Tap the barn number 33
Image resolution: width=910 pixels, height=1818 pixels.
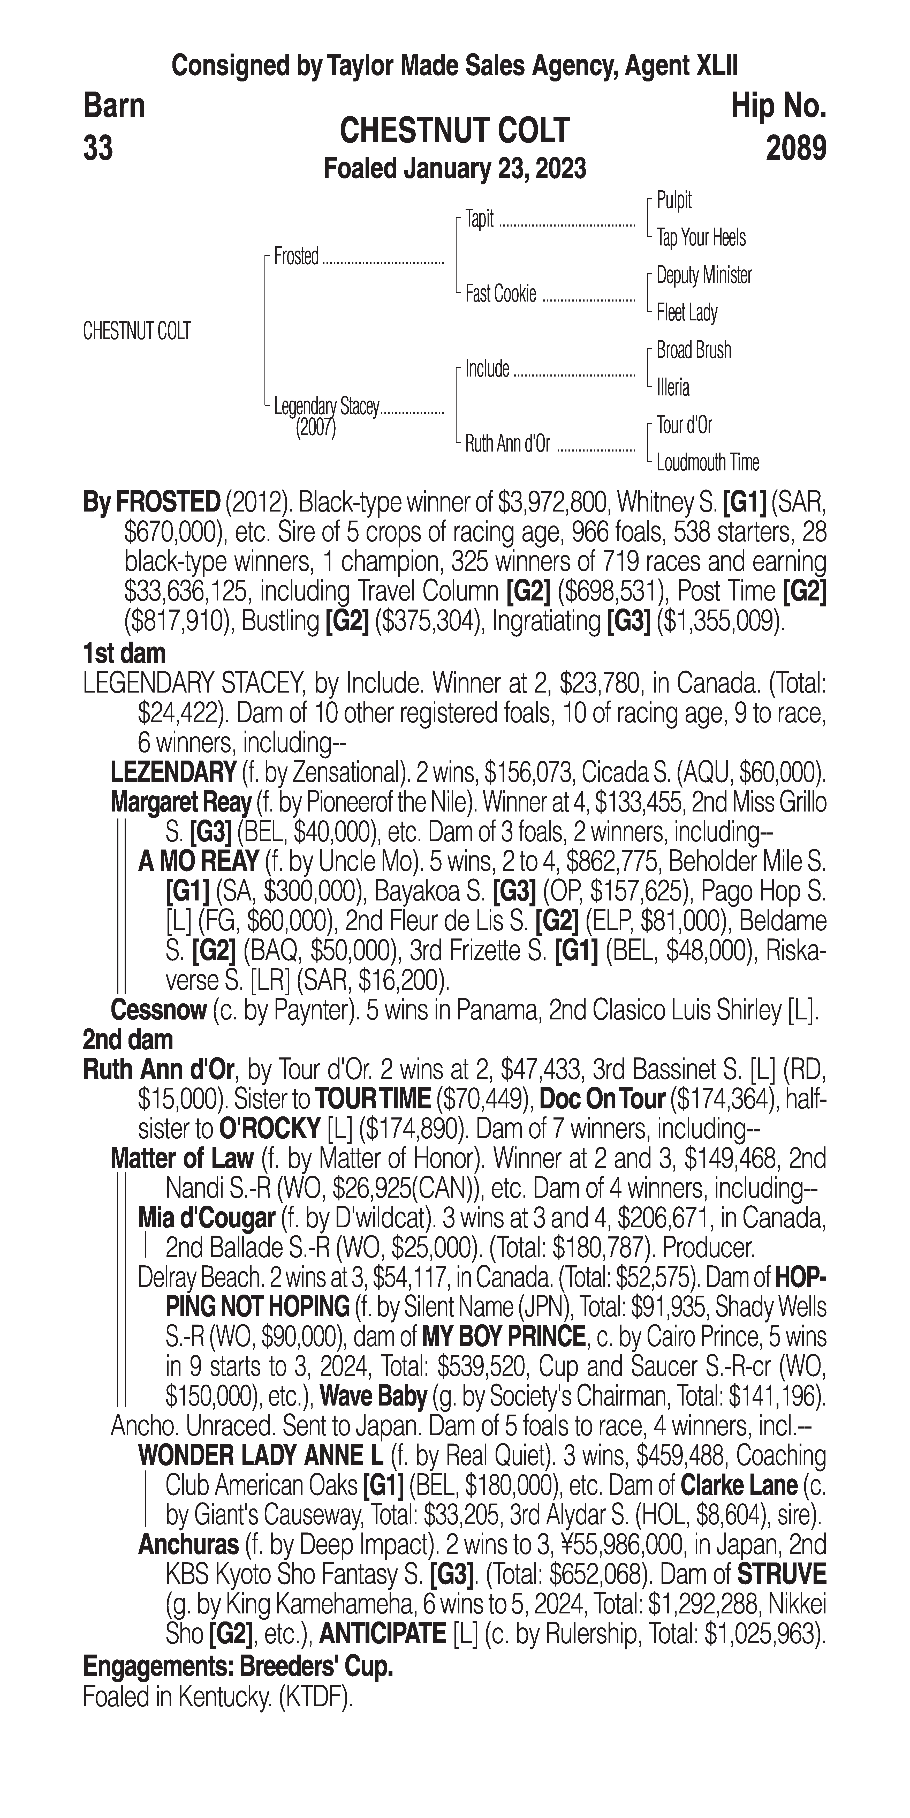tap(98, 149)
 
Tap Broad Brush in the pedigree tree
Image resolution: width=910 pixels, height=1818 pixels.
tap(693, 350)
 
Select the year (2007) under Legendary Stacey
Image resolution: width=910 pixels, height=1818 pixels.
tap(315, 428)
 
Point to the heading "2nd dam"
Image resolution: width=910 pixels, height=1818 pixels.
tap(128, 1040)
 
